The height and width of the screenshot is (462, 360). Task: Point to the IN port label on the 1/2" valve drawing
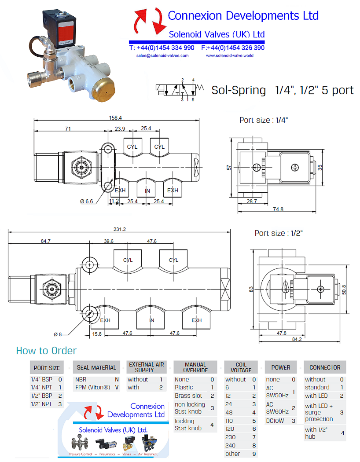click(x=151, y=320)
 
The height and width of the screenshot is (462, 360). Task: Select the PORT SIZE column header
click(x=47, y=368)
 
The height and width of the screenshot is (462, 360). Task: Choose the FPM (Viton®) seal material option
click(x=93, y=388)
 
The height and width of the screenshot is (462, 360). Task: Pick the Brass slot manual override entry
click(x=188, y=396)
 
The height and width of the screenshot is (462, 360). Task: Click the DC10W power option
click(x=276, y=421)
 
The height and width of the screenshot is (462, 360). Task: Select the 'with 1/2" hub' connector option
click(x=317, y=433)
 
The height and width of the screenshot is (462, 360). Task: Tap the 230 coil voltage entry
click(x=230, y=437)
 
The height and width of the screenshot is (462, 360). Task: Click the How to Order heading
click(x=46, y=351)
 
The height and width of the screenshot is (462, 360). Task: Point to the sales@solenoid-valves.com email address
click(x=162, y=55)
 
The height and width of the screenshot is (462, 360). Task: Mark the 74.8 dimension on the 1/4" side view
click(x=278, y=209)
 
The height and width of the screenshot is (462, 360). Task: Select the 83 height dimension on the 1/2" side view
click(x=251, y=289)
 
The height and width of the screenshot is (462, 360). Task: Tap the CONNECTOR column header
click(x=325, y=367)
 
